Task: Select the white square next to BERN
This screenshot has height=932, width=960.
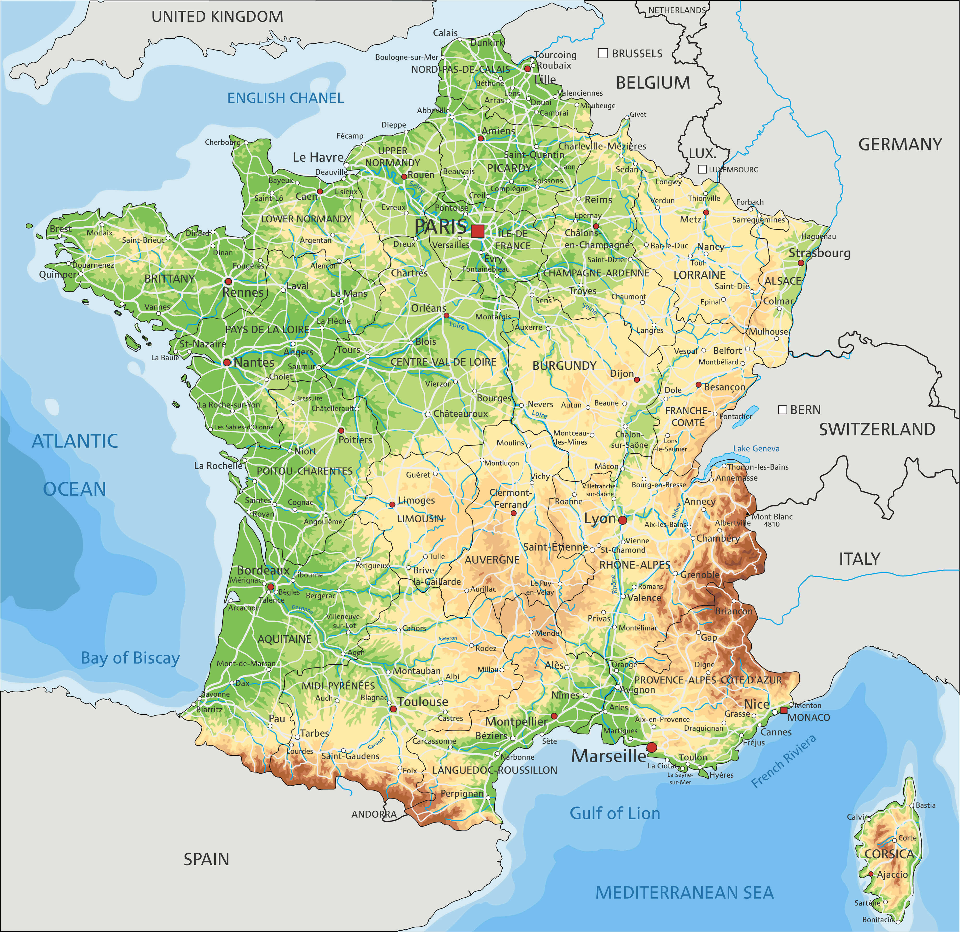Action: click(x=783, y=409)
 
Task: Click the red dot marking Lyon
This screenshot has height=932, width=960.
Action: click(x=622, y=520)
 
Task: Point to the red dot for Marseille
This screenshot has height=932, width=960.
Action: click(x=651, y=747)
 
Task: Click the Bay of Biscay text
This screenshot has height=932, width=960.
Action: click(x=130, y=658)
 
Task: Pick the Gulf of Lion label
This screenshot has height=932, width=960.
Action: click(x=615, y=813)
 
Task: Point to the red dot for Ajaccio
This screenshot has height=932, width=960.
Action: click(x=870, y=874)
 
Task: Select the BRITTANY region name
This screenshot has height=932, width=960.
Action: click(x=169, y=279)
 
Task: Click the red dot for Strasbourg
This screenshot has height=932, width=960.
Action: click(x=801, y=263)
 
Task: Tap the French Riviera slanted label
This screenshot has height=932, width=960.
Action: click(x=784, y=762)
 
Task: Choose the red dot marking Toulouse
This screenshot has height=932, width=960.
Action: click(x=393, y=709)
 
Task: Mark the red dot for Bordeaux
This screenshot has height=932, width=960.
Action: click(x=270, y=586)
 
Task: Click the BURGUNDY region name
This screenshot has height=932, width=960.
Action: click(x=564, y=366)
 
